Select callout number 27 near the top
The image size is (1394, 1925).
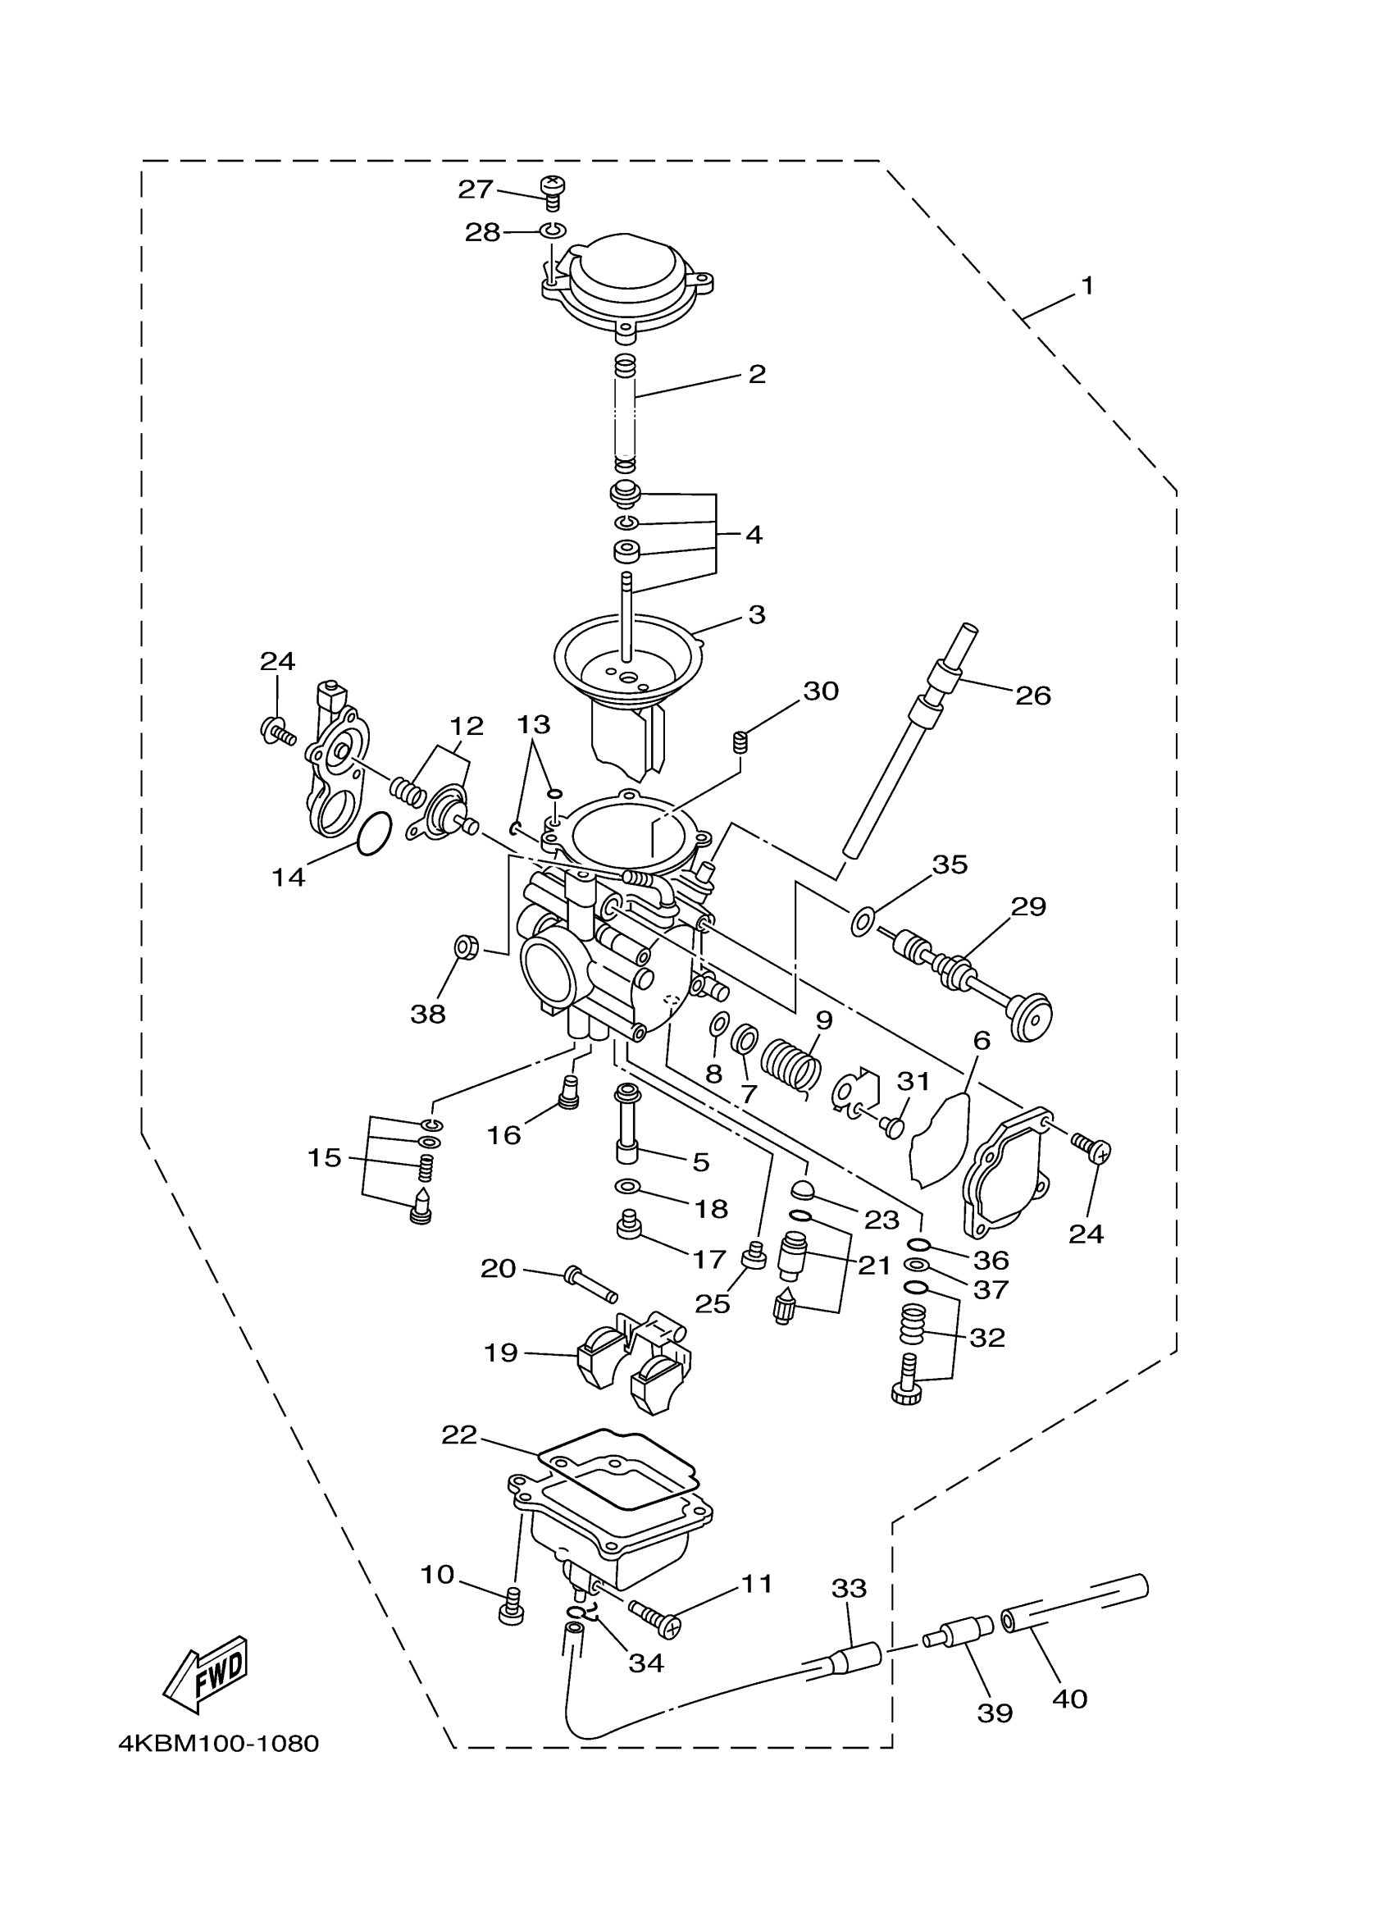(x=475, y=189)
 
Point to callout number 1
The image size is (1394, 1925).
(x=1086, y=286)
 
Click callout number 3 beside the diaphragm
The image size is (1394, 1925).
(x=757, y=614)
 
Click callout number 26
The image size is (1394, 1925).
(x=1032, y=696)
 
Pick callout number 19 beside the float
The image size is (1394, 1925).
(x=500, y=1352)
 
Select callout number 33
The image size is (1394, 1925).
(x=850, y=1587)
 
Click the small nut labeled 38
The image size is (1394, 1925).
(x=465, y=945)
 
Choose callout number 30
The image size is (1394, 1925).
(x=821, y=691)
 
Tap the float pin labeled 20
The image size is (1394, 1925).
(x=590, y=1284)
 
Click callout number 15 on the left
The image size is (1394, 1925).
(x=324, y=1158)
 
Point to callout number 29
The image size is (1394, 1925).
(x=1028, y=906)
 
